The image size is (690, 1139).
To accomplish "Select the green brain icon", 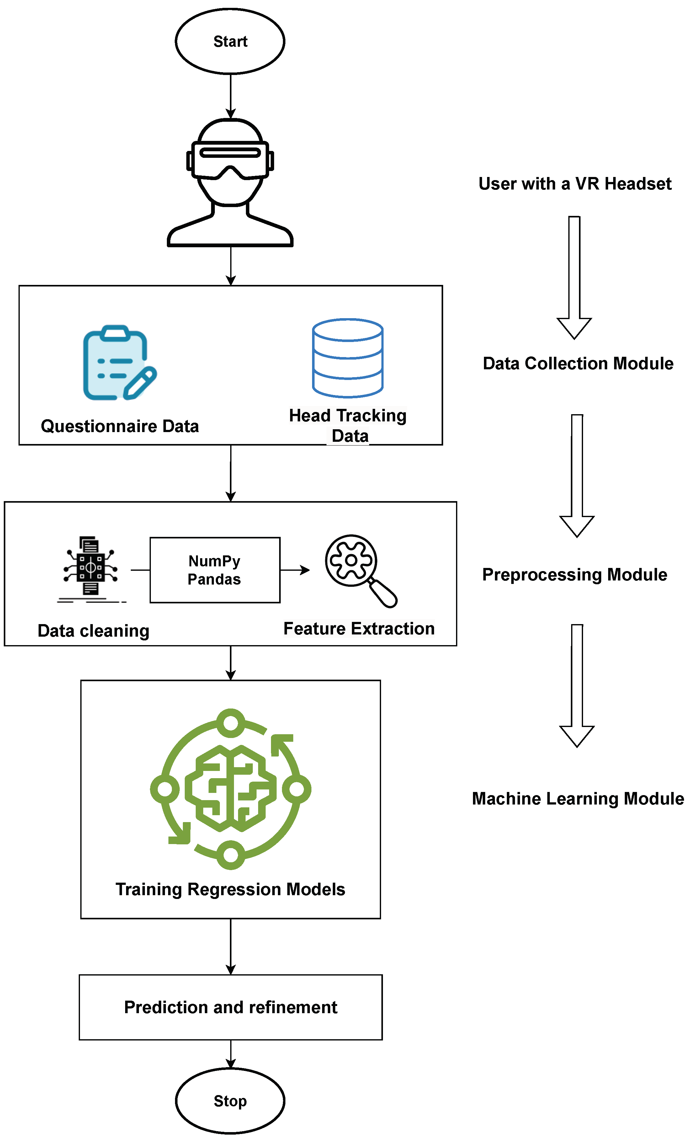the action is coord(231,789).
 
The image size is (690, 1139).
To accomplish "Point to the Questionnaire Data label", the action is coord(120,426).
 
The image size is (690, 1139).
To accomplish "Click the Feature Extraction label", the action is coord(359,629).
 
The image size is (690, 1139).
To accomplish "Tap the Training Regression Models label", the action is coord(230,890).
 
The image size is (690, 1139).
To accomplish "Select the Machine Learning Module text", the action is coord(578,799).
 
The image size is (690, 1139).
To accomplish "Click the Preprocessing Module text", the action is coord(575,575).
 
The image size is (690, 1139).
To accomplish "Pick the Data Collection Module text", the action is coord(578,363).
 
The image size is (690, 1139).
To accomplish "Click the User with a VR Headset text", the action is coord(575,184).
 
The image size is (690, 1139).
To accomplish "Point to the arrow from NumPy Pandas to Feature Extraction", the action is coord(295,570).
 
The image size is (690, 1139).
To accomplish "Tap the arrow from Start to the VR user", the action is coord(231,96).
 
